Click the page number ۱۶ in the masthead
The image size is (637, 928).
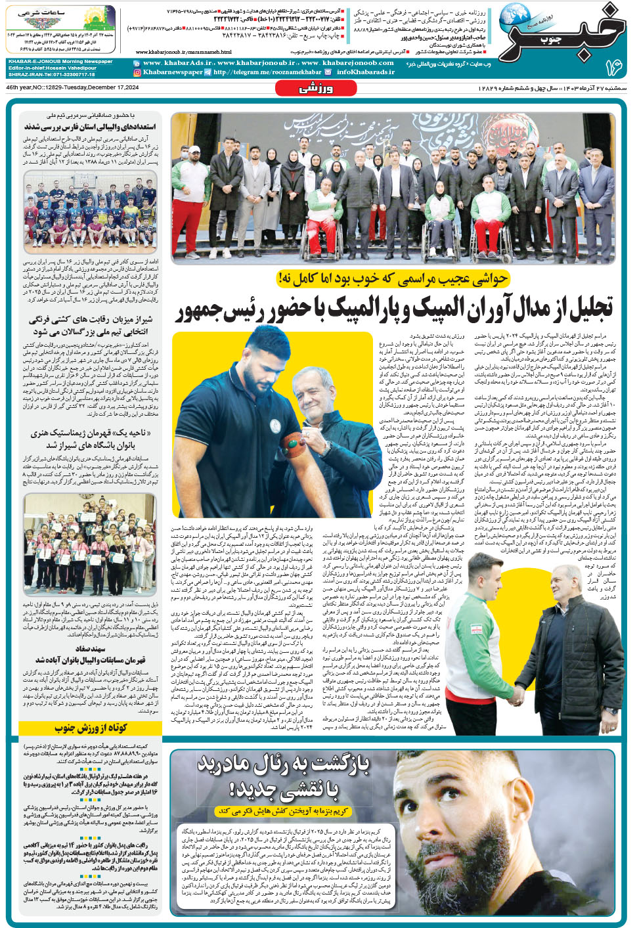click(614, 67)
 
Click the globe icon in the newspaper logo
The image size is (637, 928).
click(515, 17)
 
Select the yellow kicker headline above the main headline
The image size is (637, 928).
click(393, 278)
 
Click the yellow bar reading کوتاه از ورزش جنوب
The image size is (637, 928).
click(91, 728)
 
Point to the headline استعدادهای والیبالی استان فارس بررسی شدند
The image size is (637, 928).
click(91, 127)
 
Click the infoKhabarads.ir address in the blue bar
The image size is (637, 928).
click(366, 72)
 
